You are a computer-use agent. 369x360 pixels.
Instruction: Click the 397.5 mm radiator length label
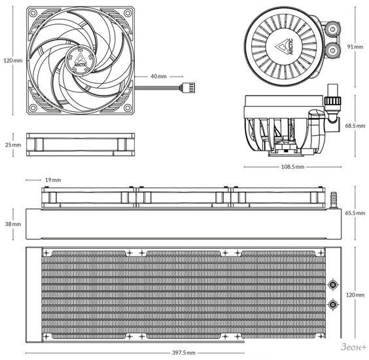coord(184,353)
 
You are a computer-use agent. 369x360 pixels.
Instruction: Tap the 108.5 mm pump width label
coord(292,167)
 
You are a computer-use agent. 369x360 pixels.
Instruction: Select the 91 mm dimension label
coord(355,46)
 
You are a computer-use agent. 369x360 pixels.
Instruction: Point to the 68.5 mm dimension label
coord(355,126)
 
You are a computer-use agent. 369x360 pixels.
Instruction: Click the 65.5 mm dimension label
coord(355,213)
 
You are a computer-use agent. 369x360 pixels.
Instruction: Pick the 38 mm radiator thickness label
coord(13,224)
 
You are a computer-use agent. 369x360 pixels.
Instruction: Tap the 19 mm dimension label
coord(53,180)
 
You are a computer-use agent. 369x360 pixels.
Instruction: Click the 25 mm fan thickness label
coord(13,145)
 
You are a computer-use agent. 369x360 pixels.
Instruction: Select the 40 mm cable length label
coord(158,77)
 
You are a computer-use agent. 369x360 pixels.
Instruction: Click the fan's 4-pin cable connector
coord(187,88)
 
